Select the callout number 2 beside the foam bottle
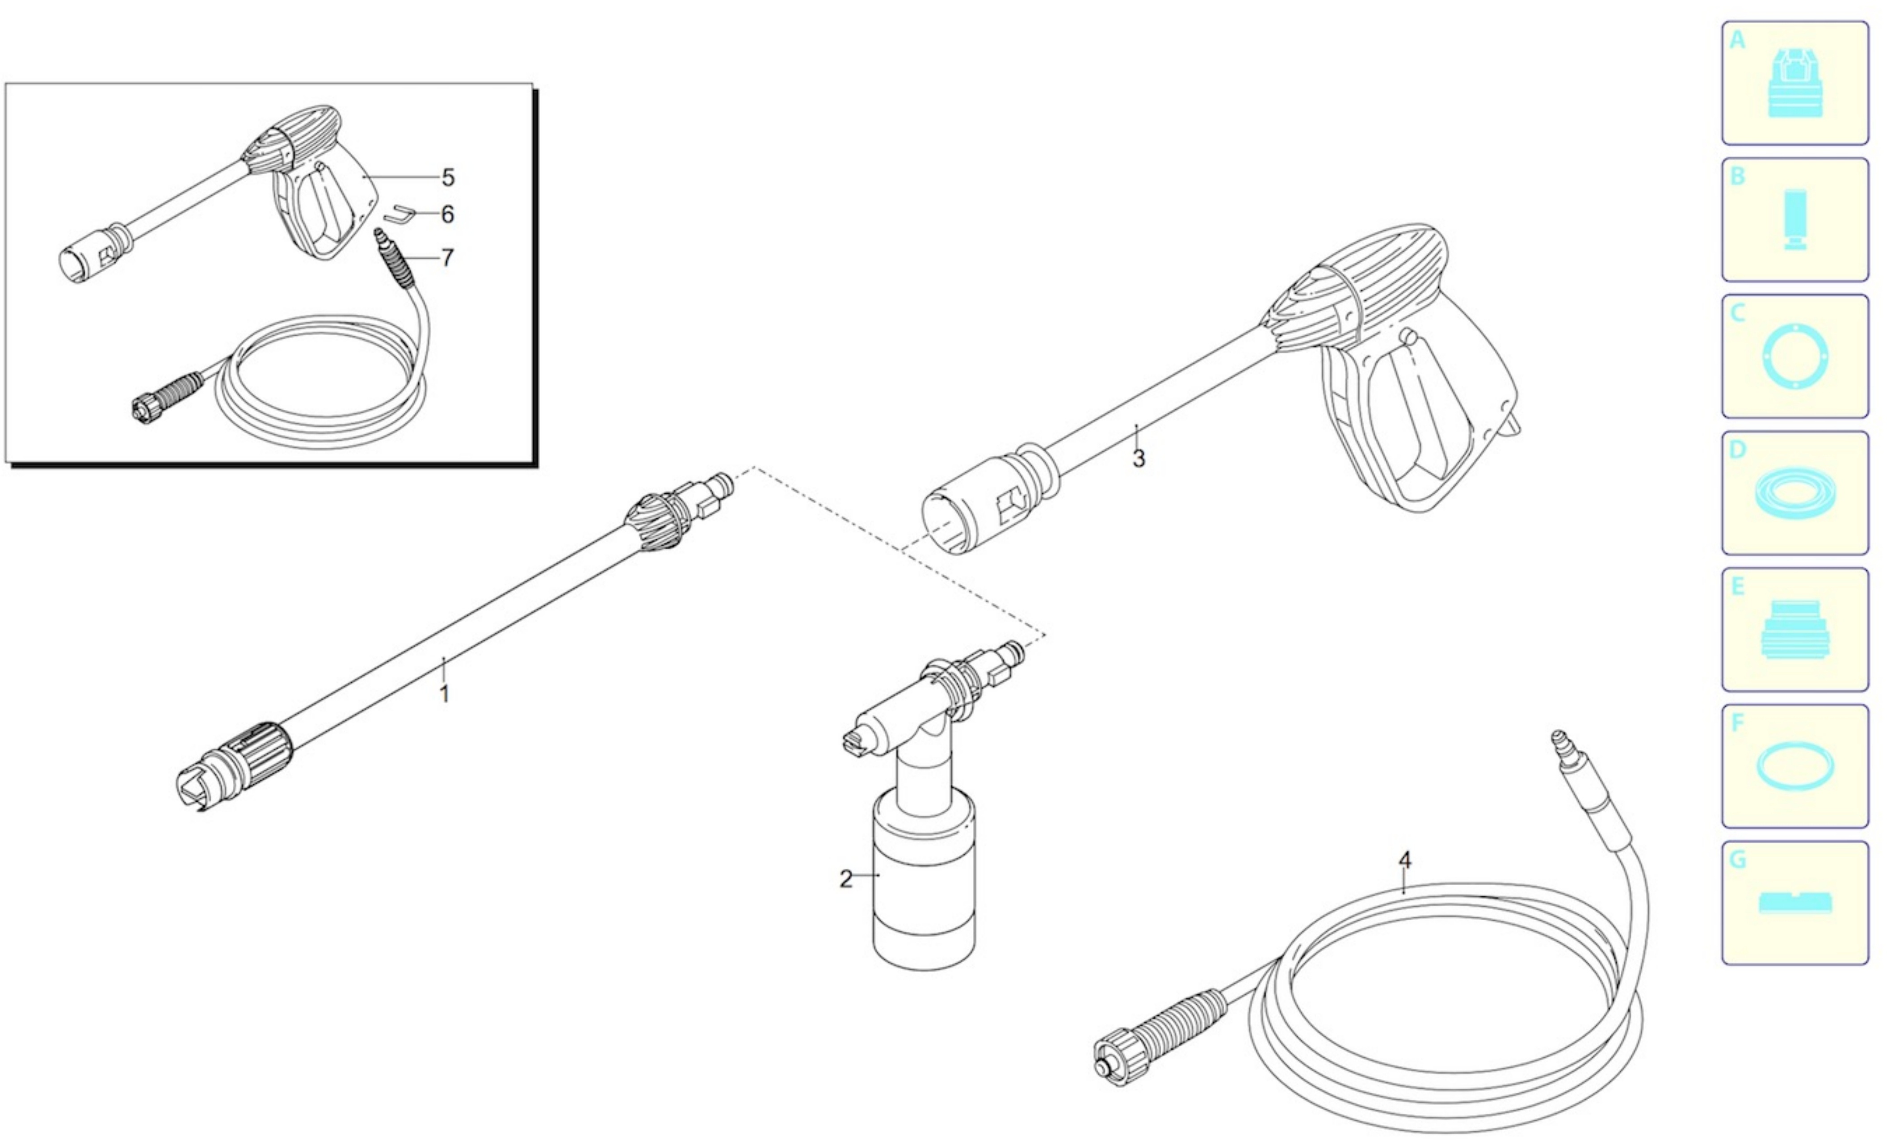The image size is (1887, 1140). (845, 879)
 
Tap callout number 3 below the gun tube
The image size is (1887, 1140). (1139, 459)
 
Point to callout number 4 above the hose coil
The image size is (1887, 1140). (1404, 860)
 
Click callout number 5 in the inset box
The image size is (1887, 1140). (448, 178)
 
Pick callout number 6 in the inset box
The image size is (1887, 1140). (448, 215)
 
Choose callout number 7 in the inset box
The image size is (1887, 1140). (448, 257)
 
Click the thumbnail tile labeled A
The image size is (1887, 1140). (1795, 83)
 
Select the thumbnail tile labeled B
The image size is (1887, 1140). (1795, 220)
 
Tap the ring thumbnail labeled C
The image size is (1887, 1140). (1795, 356)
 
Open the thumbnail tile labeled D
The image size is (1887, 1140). (1795, 492)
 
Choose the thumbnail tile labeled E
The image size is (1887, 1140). (1795, 629)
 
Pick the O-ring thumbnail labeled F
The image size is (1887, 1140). (1795, 766)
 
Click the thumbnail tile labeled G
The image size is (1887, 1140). (1795, 903)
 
